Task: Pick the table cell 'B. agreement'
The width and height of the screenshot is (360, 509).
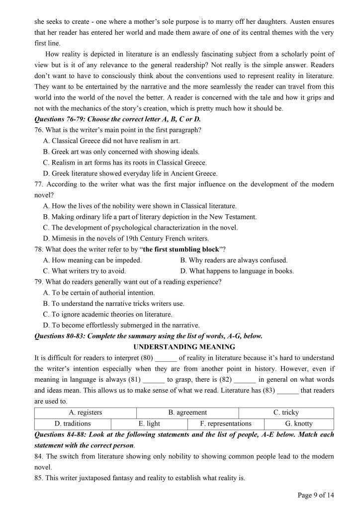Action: pyautogui.click(x=187, y=413)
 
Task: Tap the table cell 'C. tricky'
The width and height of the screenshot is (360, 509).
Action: pyautogui.click(x=286, y=413)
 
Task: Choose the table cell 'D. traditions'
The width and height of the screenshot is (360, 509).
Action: pyautogui.click(x=73, y=424)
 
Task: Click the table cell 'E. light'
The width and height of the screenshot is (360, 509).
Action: pyautogui.click(x=149, y=424)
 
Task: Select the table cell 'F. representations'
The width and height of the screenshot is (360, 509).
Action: pyautogui.click(x=226, y=424)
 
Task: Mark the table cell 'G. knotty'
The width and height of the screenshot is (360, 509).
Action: pyautogui.click(x=299, y=424)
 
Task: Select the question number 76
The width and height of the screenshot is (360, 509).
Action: pyautogui.click(x=38, y=130)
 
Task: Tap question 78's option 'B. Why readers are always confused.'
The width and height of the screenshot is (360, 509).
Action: pyautogui.click(x=234, y=260)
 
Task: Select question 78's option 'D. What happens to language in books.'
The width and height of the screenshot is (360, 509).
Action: pyautogui.click(x=237, y=271)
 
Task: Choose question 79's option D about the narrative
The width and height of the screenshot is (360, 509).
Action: pyautogui.click(x=121, y=325)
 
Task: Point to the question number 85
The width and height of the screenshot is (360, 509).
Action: pyautogui.click(x=38, y=478)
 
